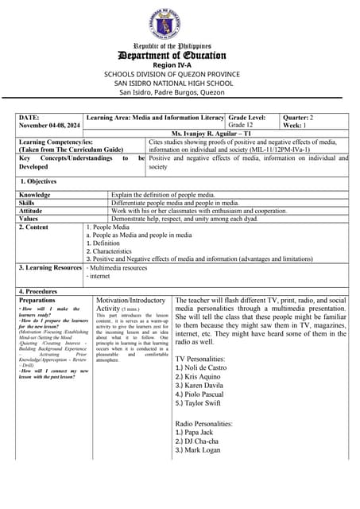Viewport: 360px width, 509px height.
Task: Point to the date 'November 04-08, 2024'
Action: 49,126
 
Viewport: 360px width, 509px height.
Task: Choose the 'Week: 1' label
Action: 297,126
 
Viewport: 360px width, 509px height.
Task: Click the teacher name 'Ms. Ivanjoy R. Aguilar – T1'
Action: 216,134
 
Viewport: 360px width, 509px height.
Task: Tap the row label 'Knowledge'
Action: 35,195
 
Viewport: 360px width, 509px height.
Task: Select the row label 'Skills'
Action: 29,203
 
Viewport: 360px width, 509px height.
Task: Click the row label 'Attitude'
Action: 32,211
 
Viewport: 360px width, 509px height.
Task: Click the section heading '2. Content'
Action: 37,227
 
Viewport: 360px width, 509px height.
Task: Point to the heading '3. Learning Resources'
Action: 50,267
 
